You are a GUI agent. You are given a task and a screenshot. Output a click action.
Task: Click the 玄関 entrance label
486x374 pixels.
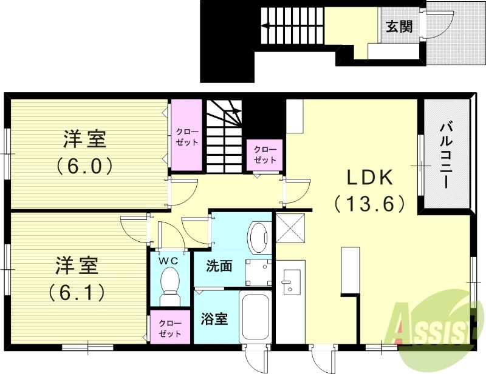tap(399, 26)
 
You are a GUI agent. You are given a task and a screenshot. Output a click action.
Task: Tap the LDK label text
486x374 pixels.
tap(370, 177)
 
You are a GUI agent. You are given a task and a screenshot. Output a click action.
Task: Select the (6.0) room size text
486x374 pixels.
tap(86, 165)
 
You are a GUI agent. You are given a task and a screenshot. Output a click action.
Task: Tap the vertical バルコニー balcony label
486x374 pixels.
tap(448, 155)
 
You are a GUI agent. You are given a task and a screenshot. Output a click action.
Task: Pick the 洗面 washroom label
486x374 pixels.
tap(219, 265)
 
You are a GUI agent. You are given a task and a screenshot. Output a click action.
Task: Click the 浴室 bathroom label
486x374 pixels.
tap(214, 318)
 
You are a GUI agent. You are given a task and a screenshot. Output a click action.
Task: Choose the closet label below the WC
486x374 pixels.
tap(170, 328)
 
